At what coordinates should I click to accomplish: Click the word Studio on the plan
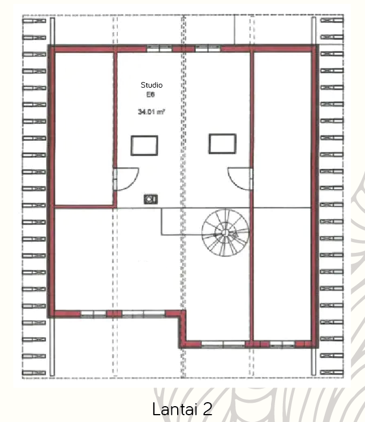(x=152, y=85)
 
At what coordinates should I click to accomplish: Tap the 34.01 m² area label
(x=151, y=111)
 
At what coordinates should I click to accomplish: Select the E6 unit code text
(x=151, y=94)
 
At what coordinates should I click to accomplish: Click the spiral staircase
(x=225, y=233)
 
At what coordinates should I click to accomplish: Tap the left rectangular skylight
(x=144, y=145)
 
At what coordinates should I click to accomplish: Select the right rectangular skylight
(x=222, y=144)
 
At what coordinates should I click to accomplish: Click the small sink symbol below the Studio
(x=151, y=199)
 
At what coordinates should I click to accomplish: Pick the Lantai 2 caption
(x=182, y=409)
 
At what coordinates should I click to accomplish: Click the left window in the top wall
(x=160, y=49)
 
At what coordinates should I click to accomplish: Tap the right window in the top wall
(x=208, y=49)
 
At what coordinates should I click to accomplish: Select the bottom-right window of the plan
(x=282, y=345)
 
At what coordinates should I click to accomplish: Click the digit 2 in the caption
(x=207, y=409)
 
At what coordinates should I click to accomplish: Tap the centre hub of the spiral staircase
(x=224, y=232)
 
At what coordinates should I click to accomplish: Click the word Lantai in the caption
(x=175, y=409)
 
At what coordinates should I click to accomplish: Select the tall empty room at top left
(x=84, y=128)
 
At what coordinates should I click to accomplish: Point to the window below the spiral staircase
(x=223, y=345)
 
